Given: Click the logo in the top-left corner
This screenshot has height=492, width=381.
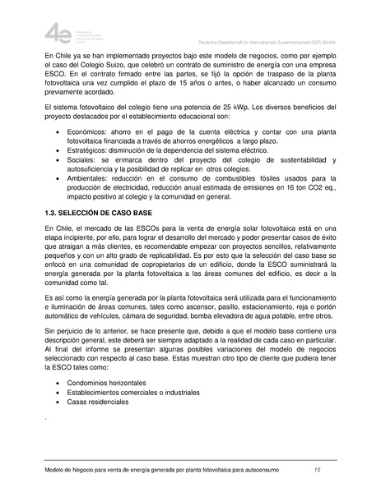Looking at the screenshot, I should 60,34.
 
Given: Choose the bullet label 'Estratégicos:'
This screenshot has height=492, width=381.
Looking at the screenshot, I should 94,152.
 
